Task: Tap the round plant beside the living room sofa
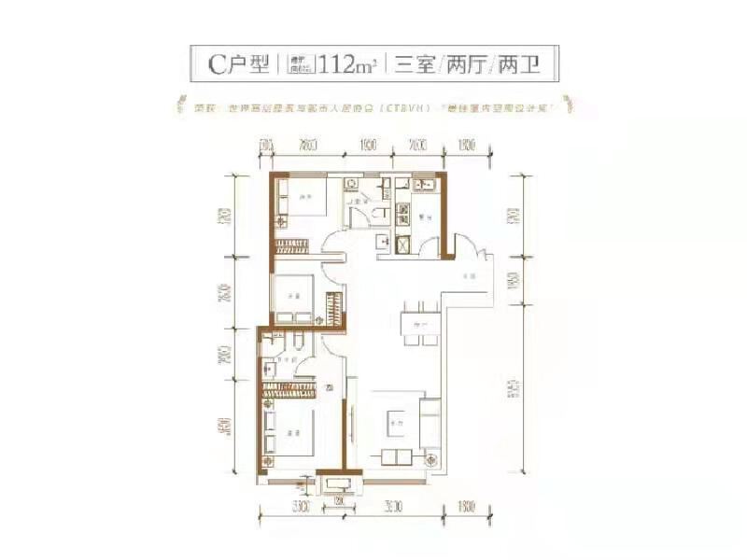click(x=431, y=458)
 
